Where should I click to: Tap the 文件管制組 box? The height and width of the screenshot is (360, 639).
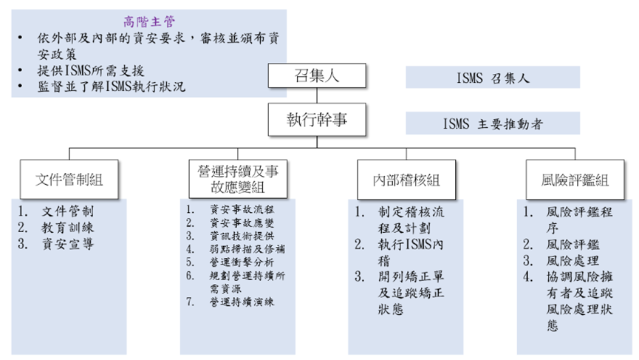69,179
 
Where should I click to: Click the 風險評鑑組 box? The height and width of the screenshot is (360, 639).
574,179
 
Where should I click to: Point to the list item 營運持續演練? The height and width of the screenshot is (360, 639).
242,302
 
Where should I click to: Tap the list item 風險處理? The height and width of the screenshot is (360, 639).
573,260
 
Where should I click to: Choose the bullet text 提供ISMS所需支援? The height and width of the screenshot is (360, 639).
89,71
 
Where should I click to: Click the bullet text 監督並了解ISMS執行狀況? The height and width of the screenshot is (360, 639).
111,86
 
